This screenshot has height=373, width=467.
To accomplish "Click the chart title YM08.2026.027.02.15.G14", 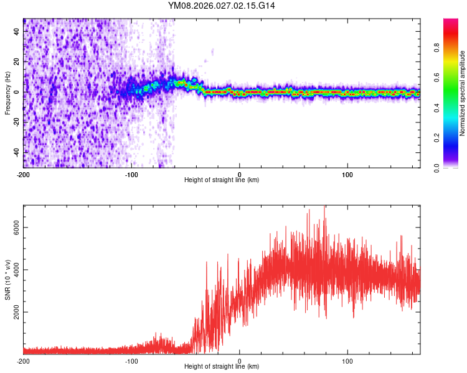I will [x=222, y=6].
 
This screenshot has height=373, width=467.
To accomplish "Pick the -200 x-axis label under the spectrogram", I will [x=24, y=173].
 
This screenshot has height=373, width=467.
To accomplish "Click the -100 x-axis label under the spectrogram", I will [x=131, y=173].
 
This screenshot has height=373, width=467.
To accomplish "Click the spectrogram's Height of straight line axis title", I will [x=222, y=180].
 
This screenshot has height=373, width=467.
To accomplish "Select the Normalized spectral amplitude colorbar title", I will [x=463, y=93].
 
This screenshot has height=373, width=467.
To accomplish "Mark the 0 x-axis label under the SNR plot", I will [x=240, y=361].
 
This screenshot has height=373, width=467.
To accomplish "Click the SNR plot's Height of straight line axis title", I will [x=222, y=367].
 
